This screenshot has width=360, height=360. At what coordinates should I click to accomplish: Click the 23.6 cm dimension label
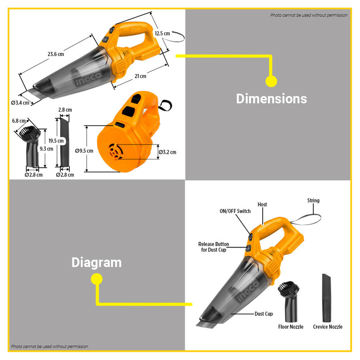point(56,54)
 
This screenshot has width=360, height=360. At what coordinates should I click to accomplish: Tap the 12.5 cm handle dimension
point(163,33)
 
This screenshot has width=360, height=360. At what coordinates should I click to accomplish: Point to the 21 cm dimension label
point(140,76)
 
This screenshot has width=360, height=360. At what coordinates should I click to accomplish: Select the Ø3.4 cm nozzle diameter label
point(20,103)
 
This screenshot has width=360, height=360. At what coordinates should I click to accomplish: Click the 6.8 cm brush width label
point(19,121)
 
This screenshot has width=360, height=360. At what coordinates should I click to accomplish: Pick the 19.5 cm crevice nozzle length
point(56,141)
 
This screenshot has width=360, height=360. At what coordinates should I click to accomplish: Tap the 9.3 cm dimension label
point(46,149)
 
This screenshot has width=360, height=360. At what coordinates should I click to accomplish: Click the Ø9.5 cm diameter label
point(84,151)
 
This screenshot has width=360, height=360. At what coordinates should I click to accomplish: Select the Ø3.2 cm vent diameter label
point(168,152)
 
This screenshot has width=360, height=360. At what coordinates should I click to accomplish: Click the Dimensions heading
point(272,99)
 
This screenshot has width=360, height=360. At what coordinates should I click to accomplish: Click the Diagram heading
point(97,262)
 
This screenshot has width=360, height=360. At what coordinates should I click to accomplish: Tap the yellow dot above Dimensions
point(271,81)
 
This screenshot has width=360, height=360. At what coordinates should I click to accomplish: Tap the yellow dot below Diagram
point(97,279)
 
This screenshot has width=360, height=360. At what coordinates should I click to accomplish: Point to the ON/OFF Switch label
point(235,211)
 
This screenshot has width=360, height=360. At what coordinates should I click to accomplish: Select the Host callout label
point(262,204)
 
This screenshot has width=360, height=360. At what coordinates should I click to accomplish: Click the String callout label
point(313,201)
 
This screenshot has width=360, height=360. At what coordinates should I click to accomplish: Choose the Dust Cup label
point(263,314)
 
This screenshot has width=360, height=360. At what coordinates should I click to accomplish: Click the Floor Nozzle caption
point(291,327)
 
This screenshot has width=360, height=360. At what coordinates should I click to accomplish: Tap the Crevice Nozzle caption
point(328,327)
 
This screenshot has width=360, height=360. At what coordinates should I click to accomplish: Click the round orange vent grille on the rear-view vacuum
point(116,152)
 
